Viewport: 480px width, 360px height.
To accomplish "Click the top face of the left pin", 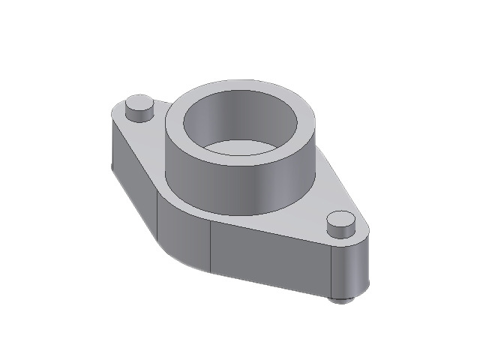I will click(139, 103).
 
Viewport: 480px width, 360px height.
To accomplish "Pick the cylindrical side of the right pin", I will click(341, 232).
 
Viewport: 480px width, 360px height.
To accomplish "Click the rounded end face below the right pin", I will click(352, 270).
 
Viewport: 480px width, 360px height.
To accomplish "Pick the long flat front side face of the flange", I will click(270, 259).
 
